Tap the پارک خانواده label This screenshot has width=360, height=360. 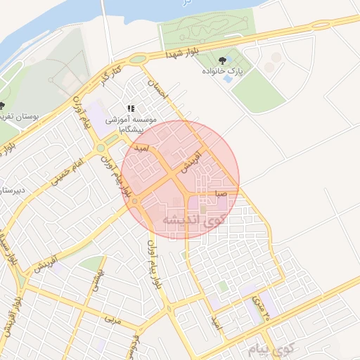(x=221, y=72)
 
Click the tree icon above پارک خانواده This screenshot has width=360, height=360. (x=222, y=60)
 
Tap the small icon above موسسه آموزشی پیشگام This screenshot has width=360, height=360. (x=130, y=108)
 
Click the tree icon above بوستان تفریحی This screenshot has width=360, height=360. (x=2, y=105)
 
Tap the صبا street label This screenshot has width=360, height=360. (x=221, y=191)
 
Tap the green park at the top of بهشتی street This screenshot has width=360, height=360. (x=90, y=264)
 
